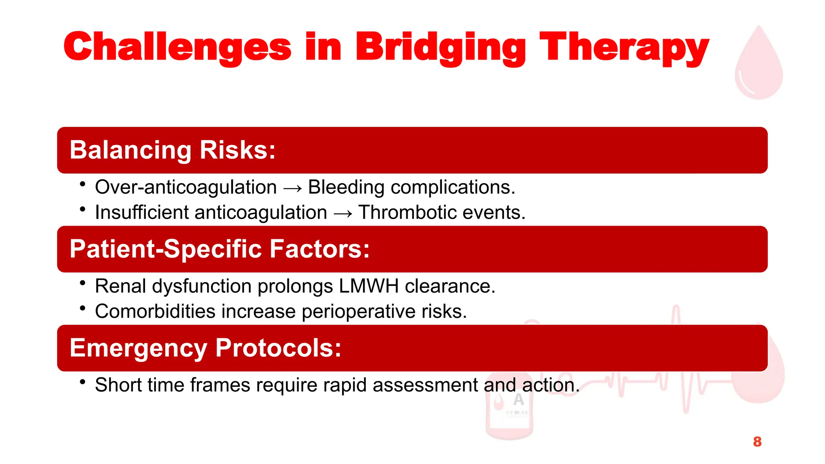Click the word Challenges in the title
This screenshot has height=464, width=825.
tap(177, 47)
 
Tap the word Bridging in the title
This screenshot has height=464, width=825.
tap(440, 47)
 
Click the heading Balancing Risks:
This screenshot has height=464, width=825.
tap(172, 150)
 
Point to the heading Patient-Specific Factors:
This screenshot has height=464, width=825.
tap(220, 249)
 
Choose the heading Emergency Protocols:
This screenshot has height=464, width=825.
tap(205, 348)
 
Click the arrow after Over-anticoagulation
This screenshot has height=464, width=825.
tap(292, 188)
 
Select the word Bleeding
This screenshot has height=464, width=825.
tap(346, 187)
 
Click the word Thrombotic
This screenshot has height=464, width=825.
tap(407, 212)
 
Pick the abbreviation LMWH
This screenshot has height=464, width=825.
tap(369, 286)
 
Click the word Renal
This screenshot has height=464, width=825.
tap(120, 286)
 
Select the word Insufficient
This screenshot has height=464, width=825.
tap(142, 212)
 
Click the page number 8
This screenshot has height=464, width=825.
tap(757, 442)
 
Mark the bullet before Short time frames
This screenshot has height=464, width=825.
tap(83, 382)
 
